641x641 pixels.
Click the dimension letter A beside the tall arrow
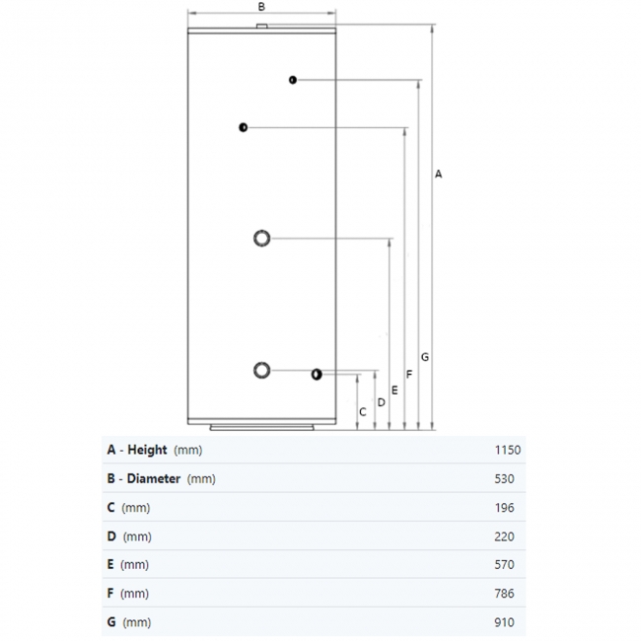click(x=438, y=175)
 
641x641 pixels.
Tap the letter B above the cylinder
click(x=261, y=7)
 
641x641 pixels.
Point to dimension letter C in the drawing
click(x=363, y=412)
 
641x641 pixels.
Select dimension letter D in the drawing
click(x=381, y=402)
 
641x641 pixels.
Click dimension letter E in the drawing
click(x=394, y=391)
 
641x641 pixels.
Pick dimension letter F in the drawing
click(x=409, y=374)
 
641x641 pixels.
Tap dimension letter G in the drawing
click(x=425, y=357)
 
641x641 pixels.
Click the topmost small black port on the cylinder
click(x=292, y=80)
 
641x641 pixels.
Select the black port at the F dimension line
click(x=243, y=127)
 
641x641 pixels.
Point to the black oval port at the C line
click(x=317, y=375)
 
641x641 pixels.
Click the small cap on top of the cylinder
click(x=261, y=27)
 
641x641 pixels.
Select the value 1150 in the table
click(x=508, y=450)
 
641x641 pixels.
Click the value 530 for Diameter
click(x=504, y=478)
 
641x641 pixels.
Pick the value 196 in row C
click(x=504, y=508)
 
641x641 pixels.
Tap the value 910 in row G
click(x=504, y=622)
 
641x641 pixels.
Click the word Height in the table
click(x=147, y=450)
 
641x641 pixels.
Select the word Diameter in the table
click(x=154, y=478)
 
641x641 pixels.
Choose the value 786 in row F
click(x=504, y=594)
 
